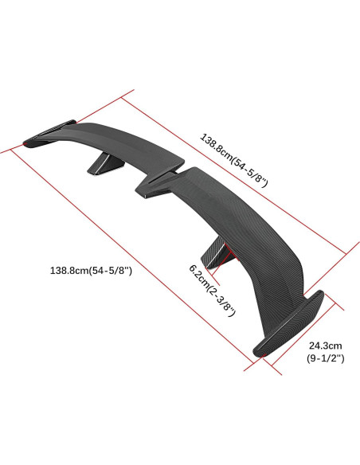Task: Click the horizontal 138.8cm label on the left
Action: (x=90, y=271)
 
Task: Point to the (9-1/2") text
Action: (x=325, y=359)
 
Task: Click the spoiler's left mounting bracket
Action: (x=100, y=162)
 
